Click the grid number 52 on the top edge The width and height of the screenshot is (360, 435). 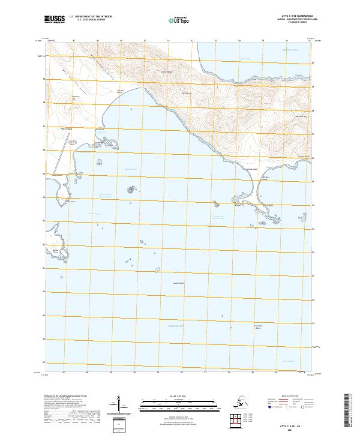(192, 40)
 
